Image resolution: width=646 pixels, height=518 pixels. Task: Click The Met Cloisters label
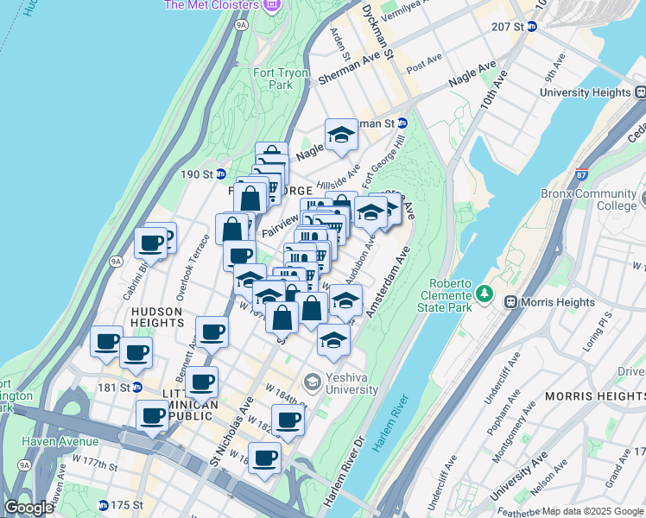pos(211,5)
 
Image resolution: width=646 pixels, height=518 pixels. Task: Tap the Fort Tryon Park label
pos(281,79)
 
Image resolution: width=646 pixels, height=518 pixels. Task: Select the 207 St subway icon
pos(532,27)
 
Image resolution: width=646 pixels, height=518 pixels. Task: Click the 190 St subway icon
pos(220,174)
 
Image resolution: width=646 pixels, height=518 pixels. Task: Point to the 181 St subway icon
pos(136,387)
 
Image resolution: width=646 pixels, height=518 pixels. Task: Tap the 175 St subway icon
pos(104,505)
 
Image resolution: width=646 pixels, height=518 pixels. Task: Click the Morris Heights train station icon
pos(510,302)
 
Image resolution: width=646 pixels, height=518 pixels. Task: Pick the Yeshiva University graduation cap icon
pos(312,381)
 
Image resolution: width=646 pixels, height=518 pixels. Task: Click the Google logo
pos(28,508)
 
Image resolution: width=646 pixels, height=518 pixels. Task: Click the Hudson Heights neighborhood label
pos(156,317)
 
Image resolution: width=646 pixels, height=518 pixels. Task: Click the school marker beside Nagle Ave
pos(341,136)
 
